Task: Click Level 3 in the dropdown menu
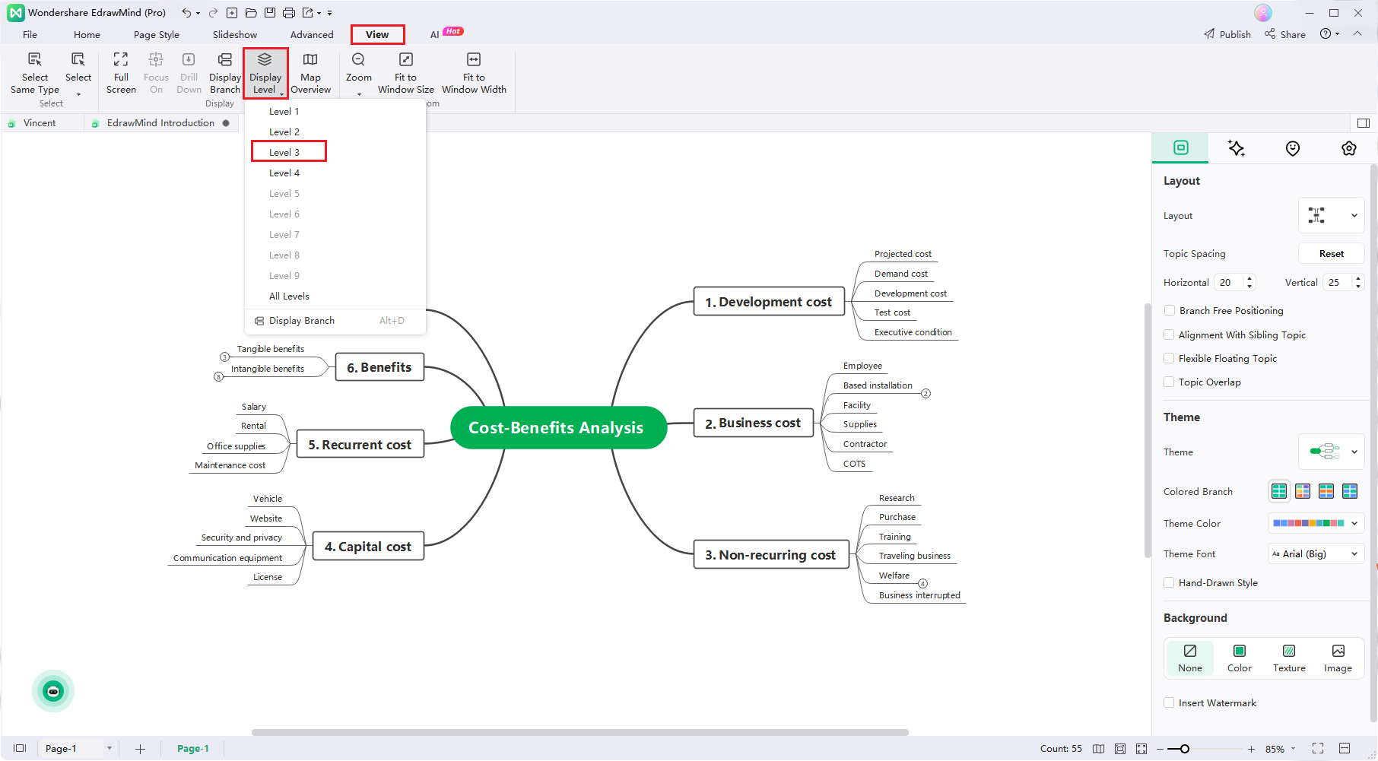(x=284, y=152)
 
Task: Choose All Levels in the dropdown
(x=289, y=296)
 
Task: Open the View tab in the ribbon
(x=377, y=34)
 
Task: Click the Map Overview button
(x=310, y=73)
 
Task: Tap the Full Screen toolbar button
(x=121, y=73)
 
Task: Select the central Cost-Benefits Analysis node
(x=556, y=428)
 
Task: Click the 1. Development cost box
(x=768, y=302)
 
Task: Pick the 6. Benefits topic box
(x=379, y=367)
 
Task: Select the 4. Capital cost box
(x=367, y=547)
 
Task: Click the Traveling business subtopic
(x=914, y=556)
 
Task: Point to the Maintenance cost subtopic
(x=230, y=465)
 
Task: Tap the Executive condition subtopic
(x=913, y=332)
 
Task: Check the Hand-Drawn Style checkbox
(x=1170, y=583)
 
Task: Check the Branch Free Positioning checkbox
(x=1170, y=311)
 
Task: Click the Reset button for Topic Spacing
(x=1331, y=254)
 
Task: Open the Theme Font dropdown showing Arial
(x=1315, y=554)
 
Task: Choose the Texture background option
(x=1289, y=658)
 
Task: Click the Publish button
(x=1227, y=34)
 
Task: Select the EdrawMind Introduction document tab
(x=160, y=123)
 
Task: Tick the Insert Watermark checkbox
(x=1170, y=703)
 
